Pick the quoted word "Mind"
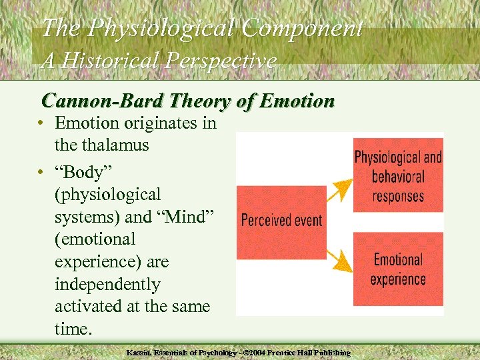click(x=199, y=216)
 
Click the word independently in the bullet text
click(x=107, y=285)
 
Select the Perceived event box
click(x=281, y=220)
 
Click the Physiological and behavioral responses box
click(x=398, y=175)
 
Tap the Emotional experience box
click(x=398, y=268)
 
